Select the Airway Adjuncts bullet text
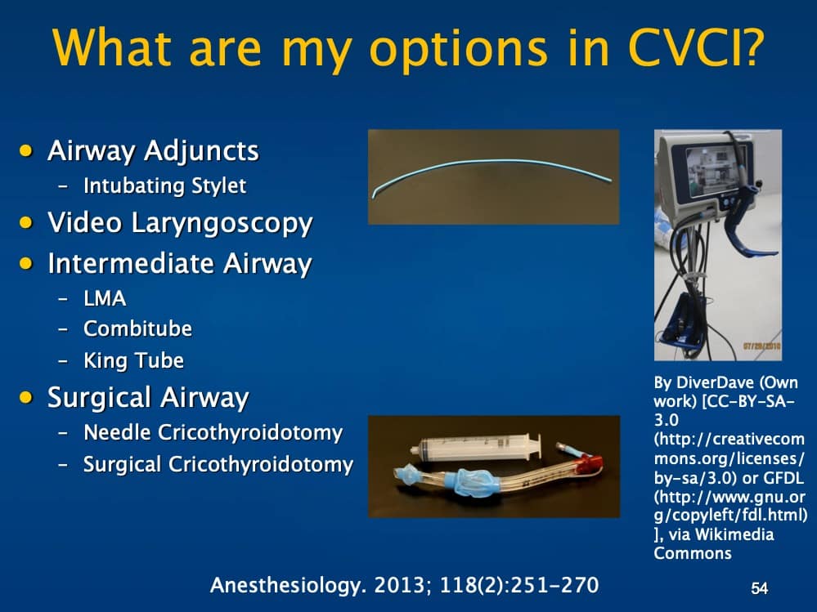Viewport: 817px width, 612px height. point(153,151)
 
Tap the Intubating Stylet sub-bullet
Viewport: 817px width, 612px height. point(164,185)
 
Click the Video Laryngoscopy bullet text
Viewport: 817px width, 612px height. point(180,222)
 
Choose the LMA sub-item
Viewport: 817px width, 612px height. point(105,298)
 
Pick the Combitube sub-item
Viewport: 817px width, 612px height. point(137,328)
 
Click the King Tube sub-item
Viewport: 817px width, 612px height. point(133,360)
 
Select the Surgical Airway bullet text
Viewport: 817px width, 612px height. point(148,398)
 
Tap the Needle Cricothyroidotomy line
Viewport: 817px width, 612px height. point(213,432)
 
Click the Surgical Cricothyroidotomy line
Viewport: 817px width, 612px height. point(218,465)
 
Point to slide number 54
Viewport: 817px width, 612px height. point(760,587)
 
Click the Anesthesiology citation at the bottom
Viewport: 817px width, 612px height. point(404,584)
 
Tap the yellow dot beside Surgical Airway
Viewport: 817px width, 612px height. point(29,397)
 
